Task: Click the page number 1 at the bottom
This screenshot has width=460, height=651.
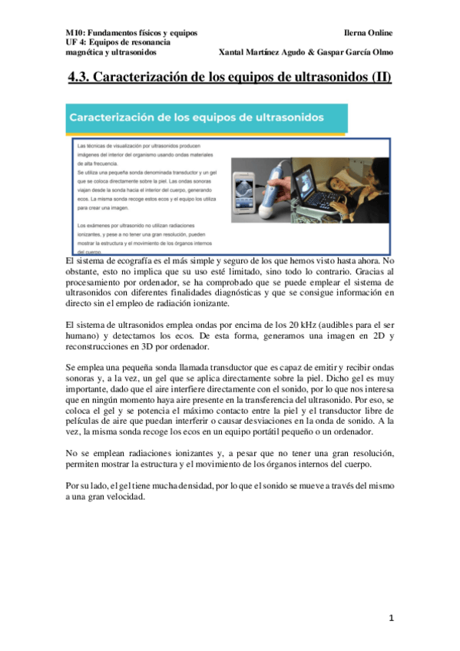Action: pyautogui.click(x=391, y=618)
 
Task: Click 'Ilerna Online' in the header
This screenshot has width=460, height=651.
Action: pyautogui.click(x=369, y=33)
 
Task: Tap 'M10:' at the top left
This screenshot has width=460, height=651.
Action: pyautogui.click(x=75, y=33)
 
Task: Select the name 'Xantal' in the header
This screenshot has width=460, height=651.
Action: pyautogui.click(x=234, y=52)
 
